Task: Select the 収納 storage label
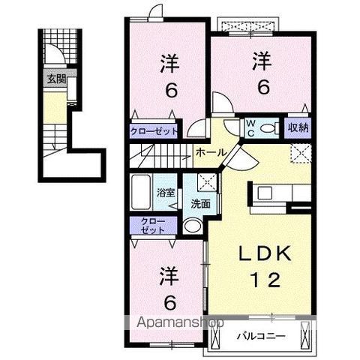pyautogui.click(x=298, y=127)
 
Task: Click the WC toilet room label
pyautogui.click(x=252, y=127)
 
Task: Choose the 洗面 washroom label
pyautogui.click(x=199, y=204)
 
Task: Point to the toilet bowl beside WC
pyautogui.click(x=271, y=127)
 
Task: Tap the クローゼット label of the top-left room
pyautogui.click(x=155, y=131)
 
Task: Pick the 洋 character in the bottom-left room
pyautogui.click(x=169, y=277)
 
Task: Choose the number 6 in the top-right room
pyautogui.click(x=262, y=86)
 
